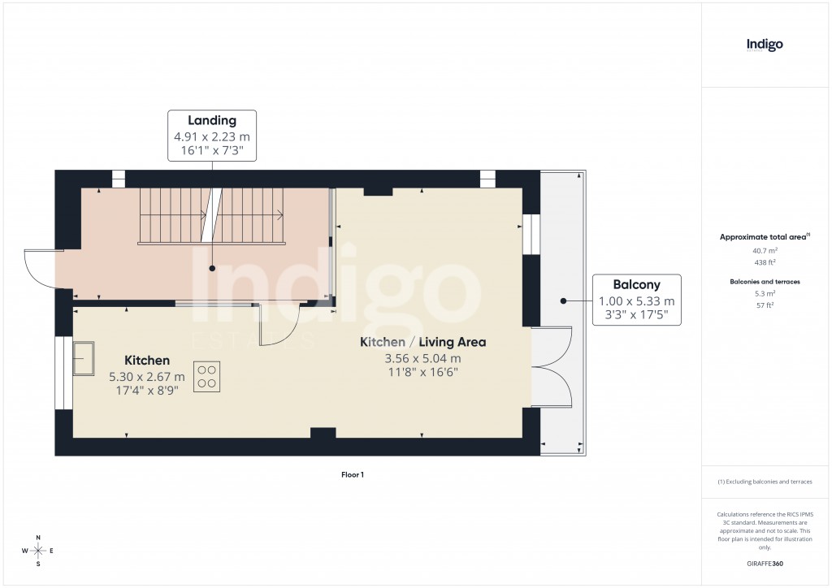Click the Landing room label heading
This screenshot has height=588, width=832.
point(211,121)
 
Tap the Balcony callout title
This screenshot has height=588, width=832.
point(636,285)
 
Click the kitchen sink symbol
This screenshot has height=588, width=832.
point(83,358)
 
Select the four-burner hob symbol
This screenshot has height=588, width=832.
point(206,376)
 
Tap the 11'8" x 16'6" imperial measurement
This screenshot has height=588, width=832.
point(422,372)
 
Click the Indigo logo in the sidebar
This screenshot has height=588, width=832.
point(765,45)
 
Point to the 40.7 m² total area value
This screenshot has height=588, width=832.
point(765,251)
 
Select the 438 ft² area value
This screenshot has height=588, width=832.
point(765,262)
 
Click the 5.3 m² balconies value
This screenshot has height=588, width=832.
point(765,293)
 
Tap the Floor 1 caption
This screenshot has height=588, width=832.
point(352,474)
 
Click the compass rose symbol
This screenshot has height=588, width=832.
point(38,551)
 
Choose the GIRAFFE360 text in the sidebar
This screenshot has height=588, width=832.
point(765,564)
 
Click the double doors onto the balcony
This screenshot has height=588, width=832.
point(552,366)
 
